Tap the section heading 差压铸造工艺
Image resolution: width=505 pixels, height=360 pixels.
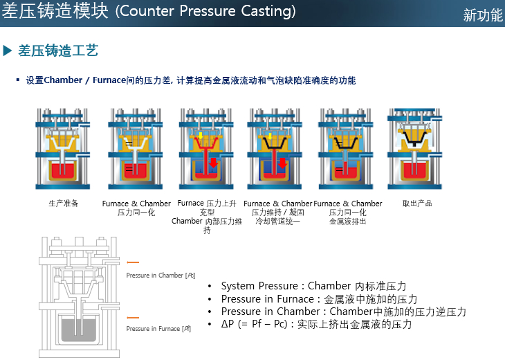pyautogui.click(x=58, y=50)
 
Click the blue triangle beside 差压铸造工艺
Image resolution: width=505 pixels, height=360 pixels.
pyautogui.click(x=8, y=50)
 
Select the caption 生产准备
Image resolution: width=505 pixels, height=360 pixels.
pyautogui.click(x=64, y=204)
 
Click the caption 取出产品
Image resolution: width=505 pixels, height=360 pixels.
pyautogui.click(x=416, y=204)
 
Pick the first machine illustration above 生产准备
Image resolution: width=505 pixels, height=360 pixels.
pyautogui.click(x=64, y=148)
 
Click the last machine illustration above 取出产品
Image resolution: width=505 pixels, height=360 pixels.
pyautogui.click(x=414, y=148)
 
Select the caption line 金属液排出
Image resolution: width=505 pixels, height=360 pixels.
pyautogui.click(x=347, y=222)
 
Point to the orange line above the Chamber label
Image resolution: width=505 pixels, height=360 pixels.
pyautogui.click(x=134, y=262)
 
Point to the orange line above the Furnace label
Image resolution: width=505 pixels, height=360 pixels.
pyautogui.click(x=134, y=316)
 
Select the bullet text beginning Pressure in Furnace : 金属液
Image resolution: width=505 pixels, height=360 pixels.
pyautogui.click(x=319, y=299)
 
